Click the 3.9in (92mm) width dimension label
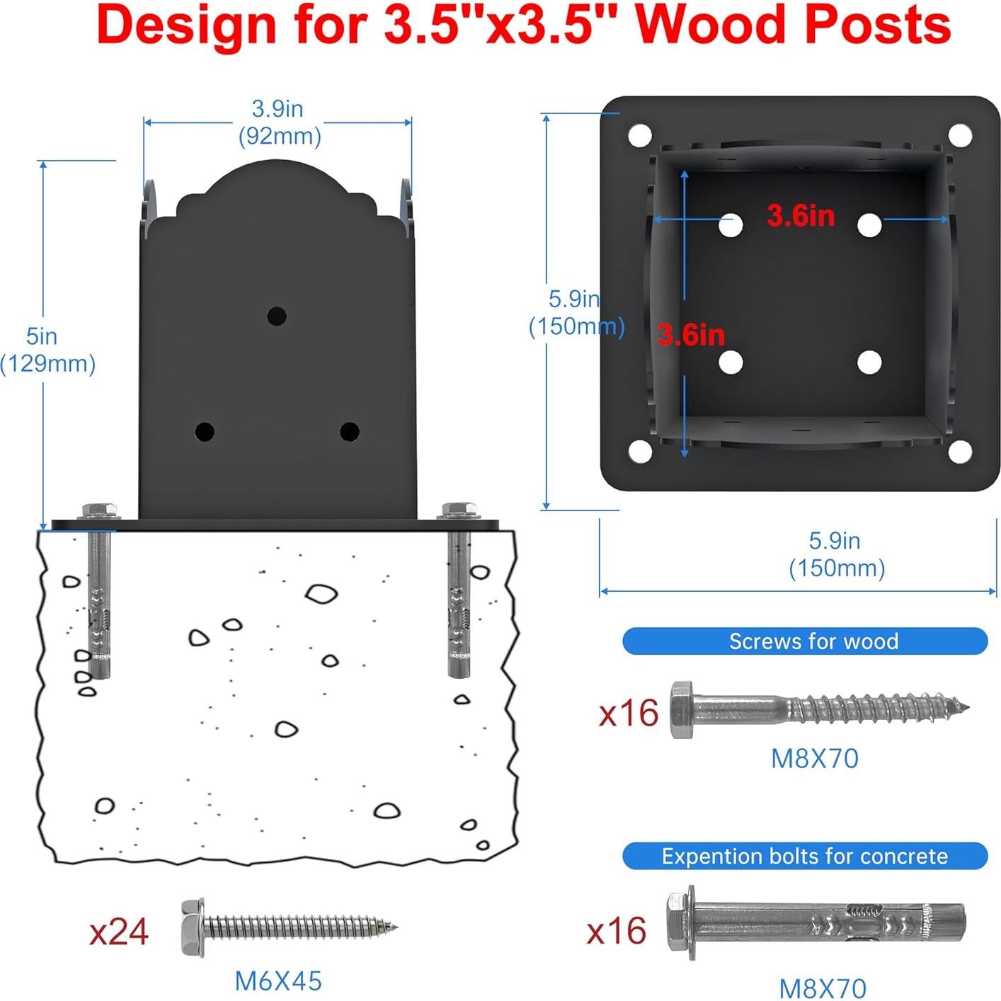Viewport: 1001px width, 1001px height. (x=280, y=122)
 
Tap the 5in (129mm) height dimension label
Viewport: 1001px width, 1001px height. (x=47, y=350)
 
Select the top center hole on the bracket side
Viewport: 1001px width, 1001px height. (x=277, y=316)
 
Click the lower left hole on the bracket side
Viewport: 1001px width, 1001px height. (x=205, y=431)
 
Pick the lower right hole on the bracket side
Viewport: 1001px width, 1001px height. (x=350, y=431)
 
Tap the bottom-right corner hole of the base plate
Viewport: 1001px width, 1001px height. (x=960, y=452)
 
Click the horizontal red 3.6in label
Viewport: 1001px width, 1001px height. (x=801, y=216)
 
